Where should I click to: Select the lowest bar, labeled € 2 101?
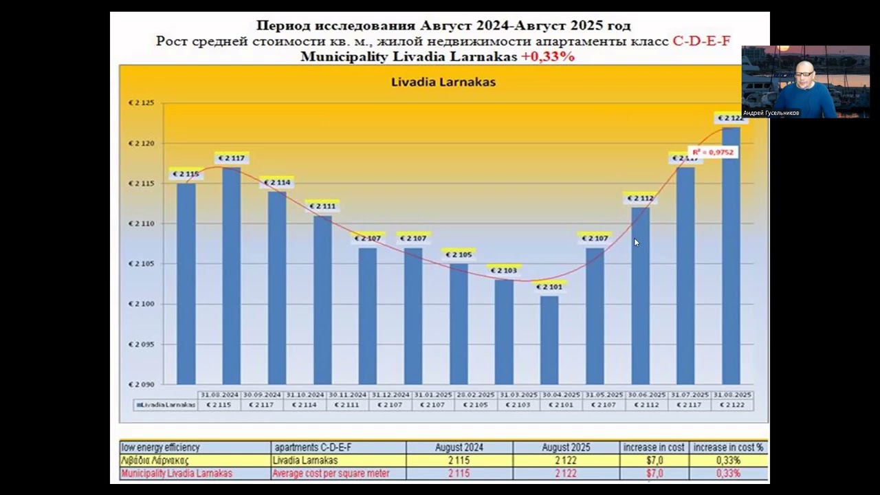click(x=549, y=340)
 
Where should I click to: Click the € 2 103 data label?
click(x=504, y=270)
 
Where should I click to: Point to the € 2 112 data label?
click(x=640, y=199)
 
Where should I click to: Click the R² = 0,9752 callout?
click(x=712, y=152)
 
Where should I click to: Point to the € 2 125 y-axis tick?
click(x=141, y=103)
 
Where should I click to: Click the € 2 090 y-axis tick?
click(x=141, y=384)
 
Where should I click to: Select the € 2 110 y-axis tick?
click(x=141, y=223)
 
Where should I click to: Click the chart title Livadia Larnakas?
click(x=443, y=82)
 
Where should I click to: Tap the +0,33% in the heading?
click(x=547, y=57)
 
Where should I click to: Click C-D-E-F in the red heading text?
click(x=701, y=41)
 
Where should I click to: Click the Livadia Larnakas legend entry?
click(x=166, y=405)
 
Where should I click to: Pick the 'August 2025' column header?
click(x=566, y=448)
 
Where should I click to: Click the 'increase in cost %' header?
click(x=728, y=448)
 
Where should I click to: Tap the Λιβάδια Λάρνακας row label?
click(x=155, y=461)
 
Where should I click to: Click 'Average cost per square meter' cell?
click(x=331, y=474)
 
